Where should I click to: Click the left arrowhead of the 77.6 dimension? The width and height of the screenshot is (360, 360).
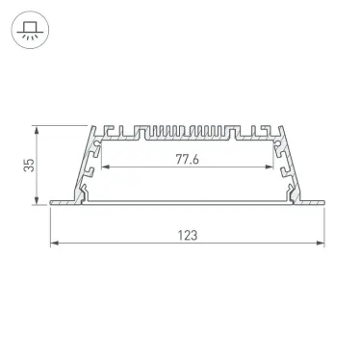click(105, 169)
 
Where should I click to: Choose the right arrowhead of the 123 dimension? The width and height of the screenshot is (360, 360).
click(321, 244)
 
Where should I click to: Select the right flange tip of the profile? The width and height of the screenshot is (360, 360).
click(322, 202)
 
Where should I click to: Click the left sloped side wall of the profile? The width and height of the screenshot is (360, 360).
click(85, 164)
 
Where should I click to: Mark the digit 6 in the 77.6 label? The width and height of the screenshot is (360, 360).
click(195, 161)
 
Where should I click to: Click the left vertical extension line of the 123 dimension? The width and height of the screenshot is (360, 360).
click(50, 226)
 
